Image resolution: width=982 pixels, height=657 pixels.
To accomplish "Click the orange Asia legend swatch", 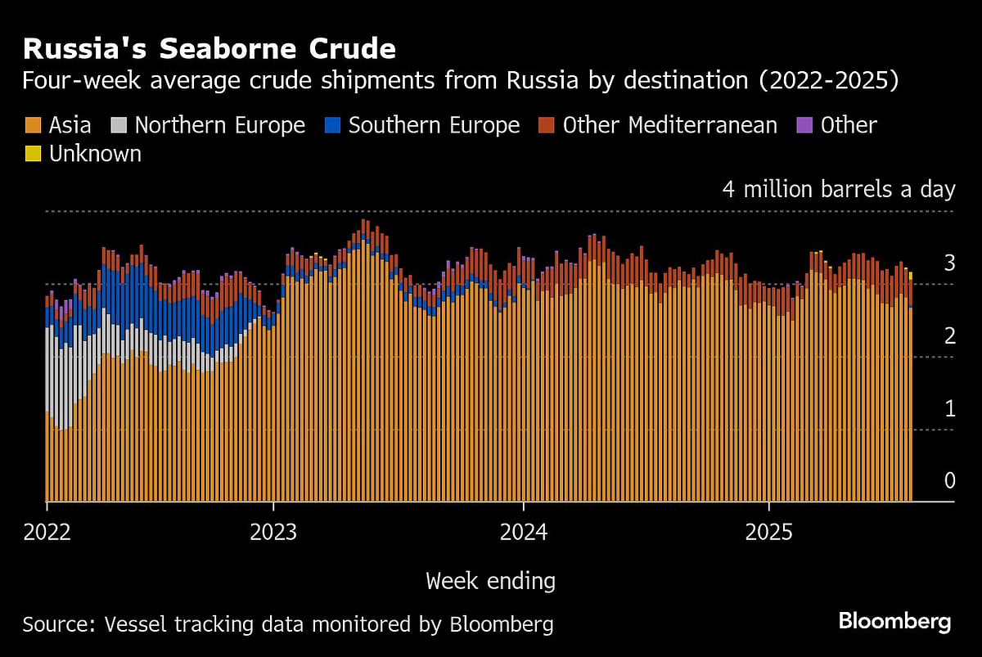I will [x=33, y=125].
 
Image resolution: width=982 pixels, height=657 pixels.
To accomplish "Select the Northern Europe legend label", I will [x=219, y=125].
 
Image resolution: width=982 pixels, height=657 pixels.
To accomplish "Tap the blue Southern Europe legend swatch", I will [x=331, y=125].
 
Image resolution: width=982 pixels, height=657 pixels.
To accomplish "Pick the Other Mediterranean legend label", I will [x=669, y=125].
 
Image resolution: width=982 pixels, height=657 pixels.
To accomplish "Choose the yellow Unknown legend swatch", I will [x=33, y=154].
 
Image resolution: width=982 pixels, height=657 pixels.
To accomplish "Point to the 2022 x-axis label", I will [x=47, y=533].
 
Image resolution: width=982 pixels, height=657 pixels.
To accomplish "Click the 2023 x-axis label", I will [x=273, y=533].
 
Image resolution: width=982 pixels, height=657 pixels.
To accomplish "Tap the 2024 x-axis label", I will [x=524, y=533].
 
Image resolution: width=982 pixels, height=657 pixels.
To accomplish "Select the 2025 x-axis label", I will [x=769, y=533].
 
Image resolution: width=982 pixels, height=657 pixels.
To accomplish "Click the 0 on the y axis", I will [x=949, y=480].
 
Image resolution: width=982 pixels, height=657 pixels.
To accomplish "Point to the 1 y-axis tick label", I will [x=949, y=408].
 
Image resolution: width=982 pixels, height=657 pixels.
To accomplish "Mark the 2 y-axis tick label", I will [x=949, y=335].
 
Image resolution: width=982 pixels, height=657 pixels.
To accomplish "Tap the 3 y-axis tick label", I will [x=949, y=263].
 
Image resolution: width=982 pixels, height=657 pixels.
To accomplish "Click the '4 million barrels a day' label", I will [x=838, y=190].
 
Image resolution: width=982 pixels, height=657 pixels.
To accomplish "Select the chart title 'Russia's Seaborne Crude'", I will [x=209, y=49].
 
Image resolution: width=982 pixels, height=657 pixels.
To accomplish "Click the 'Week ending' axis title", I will [x=490, y=582].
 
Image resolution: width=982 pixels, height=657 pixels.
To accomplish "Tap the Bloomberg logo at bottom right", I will [x=894, y=622].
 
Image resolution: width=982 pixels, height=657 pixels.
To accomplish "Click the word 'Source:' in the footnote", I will [x=58, y=625].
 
